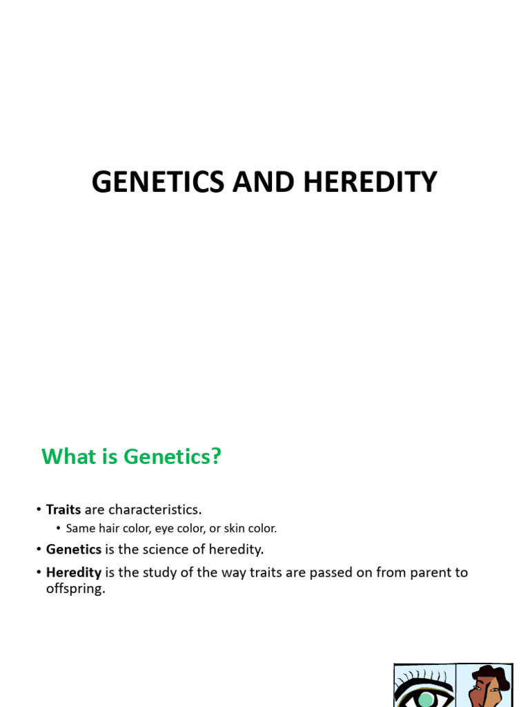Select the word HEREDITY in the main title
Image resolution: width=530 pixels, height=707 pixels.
coord(370,182)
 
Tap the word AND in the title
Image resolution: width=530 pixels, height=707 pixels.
coord(264,182)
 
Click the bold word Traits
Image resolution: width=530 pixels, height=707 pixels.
coord(63,510)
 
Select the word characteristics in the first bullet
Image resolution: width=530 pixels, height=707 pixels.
coord(155,510)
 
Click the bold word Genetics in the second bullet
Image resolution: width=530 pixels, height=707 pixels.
coord(74,550)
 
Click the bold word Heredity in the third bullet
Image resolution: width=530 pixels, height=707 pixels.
coord(74,572)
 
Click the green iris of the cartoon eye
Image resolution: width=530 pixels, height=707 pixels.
coord(425,699)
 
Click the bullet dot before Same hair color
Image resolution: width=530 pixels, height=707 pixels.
coord(59,529)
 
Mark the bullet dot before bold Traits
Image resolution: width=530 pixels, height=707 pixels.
coord(39,510)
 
